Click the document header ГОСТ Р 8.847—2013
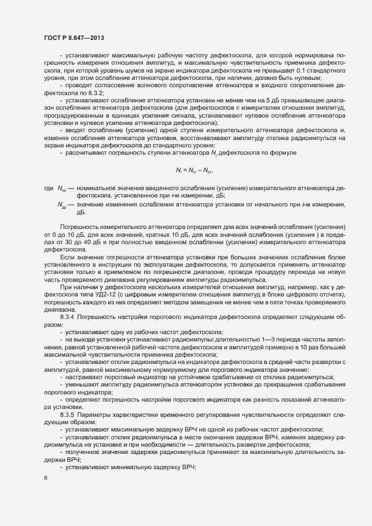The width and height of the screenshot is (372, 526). [74, 37]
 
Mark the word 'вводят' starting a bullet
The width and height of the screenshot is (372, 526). [75, 130]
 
